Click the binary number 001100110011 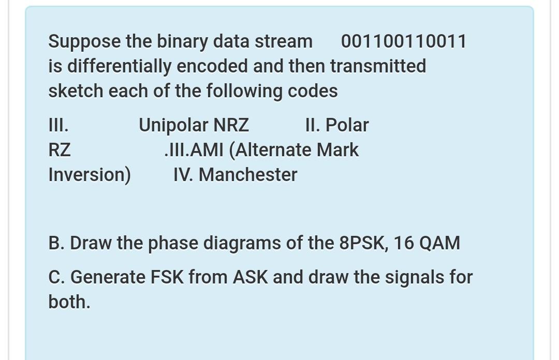click(404, 41)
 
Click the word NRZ click(231, 125)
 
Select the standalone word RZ click(60, 150)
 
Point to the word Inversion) click(90, 175)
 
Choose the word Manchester click(248, 175)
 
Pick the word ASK click(250, 277)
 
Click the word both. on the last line click(69, 302)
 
